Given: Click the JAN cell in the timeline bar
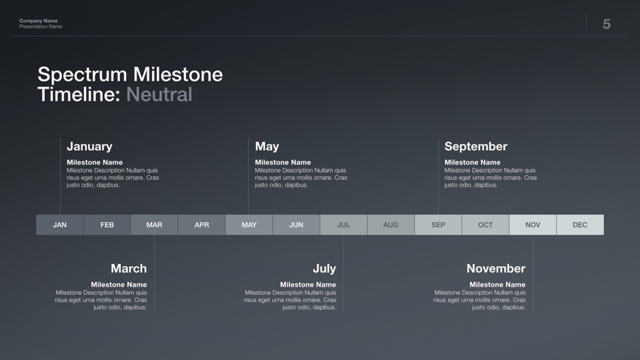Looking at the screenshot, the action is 60,225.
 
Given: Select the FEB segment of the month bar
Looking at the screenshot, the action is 107,225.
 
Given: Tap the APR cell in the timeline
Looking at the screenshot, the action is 201,225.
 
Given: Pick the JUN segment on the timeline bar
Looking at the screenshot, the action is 296,225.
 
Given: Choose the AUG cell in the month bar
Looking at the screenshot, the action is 391,225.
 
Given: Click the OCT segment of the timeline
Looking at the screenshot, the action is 485,225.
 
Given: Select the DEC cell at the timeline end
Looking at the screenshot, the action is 580,225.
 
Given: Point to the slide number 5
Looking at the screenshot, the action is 607,24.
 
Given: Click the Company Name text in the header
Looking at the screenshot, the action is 39,21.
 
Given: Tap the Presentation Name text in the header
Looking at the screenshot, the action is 41,27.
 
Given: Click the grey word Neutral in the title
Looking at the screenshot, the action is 159,94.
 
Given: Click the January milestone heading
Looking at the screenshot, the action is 89,146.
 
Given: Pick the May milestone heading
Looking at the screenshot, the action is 267,147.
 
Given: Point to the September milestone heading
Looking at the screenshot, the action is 476,147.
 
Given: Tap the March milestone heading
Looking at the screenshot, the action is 129,268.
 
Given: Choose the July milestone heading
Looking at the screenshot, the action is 325,269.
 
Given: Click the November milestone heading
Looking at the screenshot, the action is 496,268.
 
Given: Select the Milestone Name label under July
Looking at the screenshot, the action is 308,285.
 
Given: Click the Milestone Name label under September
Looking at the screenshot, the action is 472,162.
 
